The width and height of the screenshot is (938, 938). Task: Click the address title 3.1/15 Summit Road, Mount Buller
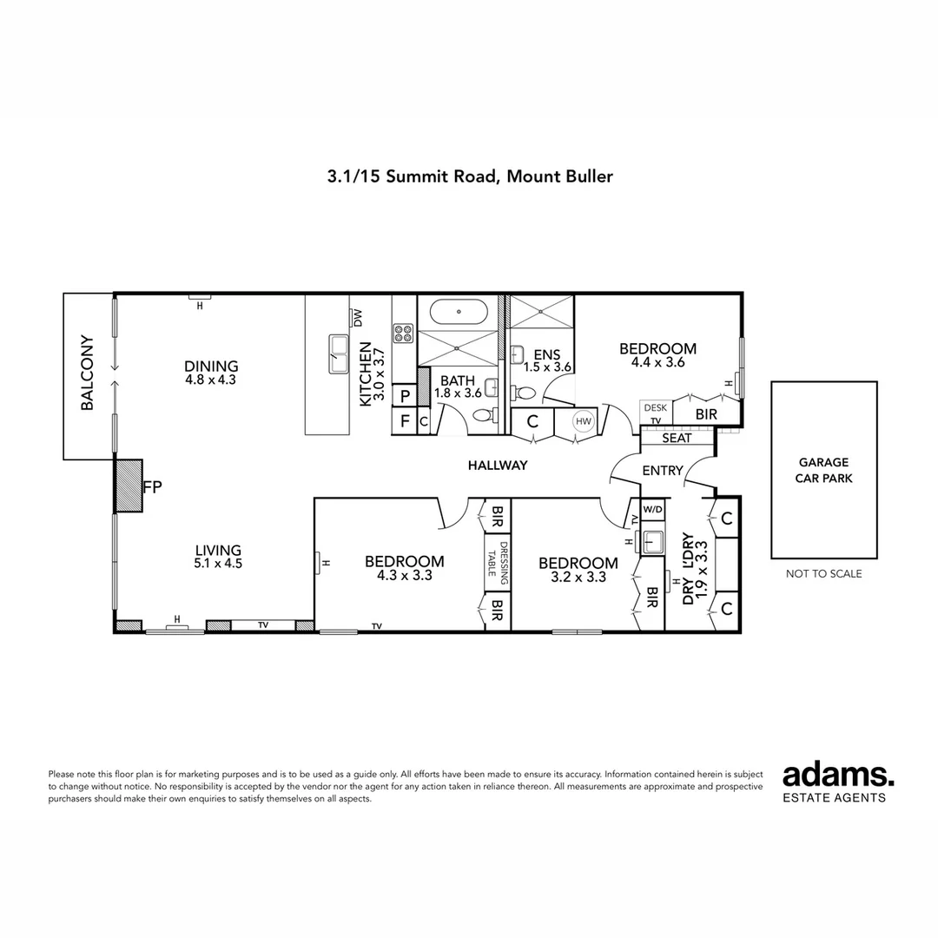click(x=470, y=176)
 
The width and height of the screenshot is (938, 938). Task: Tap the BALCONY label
click(x=88, y=373)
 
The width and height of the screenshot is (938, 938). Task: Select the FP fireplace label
click(x=153, y=487)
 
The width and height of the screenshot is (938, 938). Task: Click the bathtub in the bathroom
click(x=459, y=312)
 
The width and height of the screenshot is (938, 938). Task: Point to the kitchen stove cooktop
click(x=404, y=333)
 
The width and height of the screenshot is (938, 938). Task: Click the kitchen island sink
click(x=339, y=354)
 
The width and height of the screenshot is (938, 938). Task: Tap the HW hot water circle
click(x=584, y=421)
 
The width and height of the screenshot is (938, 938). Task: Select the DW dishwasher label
click(x=358, y=318)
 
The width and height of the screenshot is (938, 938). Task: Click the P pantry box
click(x=405, y=395)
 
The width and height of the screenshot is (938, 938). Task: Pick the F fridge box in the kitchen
click(x=405, y=421)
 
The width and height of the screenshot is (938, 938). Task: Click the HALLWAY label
click(x=498, y=465)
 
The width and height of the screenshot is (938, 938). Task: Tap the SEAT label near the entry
click(x=677, y=438)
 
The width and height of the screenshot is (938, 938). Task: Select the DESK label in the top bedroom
click(x=656, y=407)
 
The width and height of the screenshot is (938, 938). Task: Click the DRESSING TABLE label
click(x=497, y=559)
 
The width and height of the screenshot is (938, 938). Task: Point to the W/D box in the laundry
click(x=652, y=509)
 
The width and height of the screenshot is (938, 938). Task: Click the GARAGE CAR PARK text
click(x=823, y=470)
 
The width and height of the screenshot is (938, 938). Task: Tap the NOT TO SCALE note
click(x=823, y=574)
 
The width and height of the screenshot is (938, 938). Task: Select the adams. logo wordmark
click(x=839, y=775)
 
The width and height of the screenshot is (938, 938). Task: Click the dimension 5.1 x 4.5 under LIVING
click(x=218, y=564)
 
